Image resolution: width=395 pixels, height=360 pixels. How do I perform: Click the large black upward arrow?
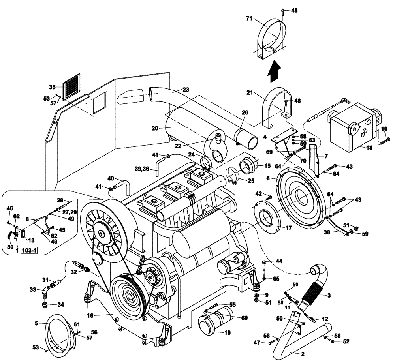[x=273, y=73]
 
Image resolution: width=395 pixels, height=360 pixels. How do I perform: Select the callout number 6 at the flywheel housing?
[x=268, y=178]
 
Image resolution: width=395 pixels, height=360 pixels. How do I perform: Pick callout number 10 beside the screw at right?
[x=384, y=129]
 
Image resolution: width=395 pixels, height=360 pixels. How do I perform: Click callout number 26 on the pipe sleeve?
[x=245, y=112]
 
